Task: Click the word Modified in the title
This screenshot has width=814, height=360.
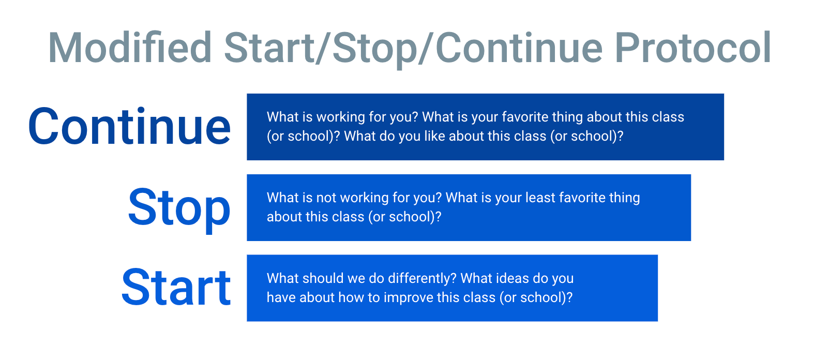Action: pyautogui.click(x=130, y=48)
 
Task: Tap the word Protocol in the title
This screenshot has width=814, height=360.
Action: pyautogui.click(x=692, y=48)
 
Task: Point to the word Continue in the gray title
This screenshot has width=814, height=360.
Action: pyautogui.click(x=519, y=48)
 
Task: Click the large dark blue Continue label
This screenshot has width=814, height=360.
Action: pyautogui.click(x=129, y=127)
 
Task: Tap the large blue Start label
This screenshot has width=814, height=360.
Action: pyautogui.click(x=176, y=287)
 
